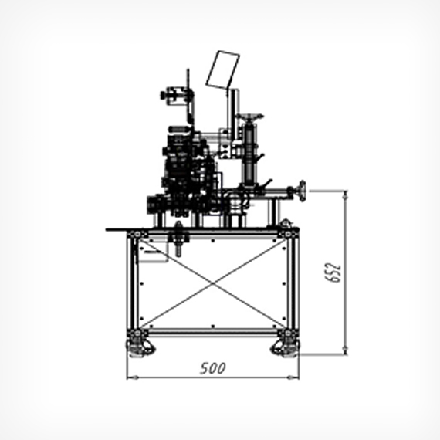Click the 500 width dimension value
coord(213,368)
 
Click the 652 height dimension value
coord(333,272)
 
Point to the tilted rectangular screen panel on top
coord(223,70)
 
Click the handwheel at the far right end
coord(302,191)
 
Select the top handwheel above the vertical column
coord(249,116)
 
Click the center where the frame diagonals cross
coord(213,284)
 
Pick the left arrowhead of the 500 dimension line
coord(133,377)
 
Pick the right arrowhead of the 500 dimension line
coord(293,377)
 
